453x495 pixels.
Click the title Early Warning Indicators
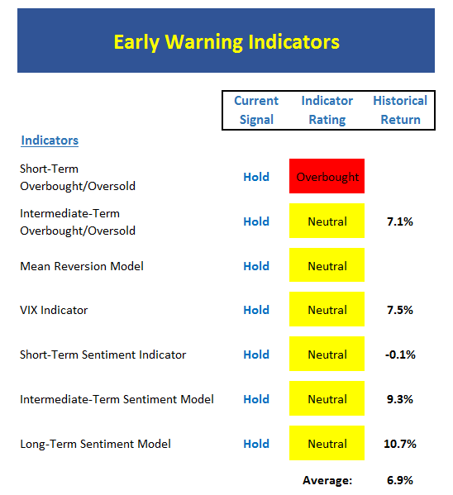click(226, 42)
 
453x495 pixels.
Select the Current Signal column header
click(256, 110)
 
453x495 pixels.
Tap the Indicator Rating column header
click(327, 110)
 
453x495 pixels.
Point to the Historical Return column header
click(400, 110)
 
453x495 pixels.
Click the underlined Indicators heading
click(50, 140)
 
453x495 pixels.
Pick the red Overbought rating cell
click(327, 176)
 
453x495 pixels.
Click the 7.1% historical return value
click(400, 221)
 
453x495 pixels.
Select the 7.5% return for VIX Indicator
click(400, 310)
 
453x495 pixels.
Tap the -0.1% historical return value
click(400, 355)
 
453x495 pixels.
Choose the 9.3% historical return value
click(400, 399)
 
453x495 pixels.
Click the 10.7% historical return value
click(400, 444)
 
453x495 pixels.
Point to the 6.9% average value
click(400, 480)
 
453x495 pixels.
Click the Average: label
click(327, 480)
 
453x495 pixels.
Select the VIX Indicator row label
click(54, 310)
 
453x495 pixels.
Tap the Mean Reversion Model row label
click(82, 266)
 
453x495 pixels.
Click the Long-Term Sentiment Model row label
click(95, 444)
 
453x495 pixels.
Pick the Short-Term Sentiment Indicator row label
click(103, 355)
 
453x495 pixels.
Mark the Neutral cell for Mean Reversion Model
click(327, 265)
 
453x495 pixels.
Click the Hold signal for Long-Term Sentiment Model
click(256, 444)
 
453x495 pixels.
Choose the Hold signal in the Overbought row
click(256, 177)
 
